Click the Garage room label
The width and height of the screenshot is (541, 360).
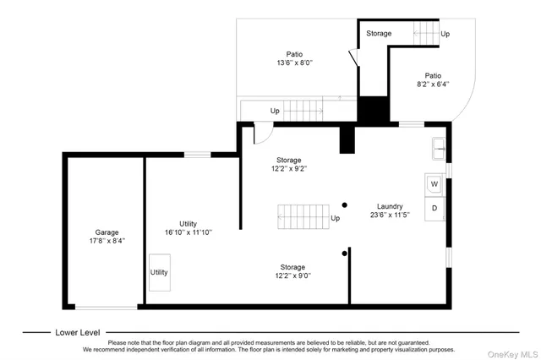pyautogui.click(x=107, y=232)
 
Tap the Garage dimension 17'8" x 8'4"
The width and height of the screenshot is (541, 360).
pyautogui.click(x=107, y=241)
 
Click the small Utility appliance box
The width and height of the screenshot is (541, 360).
pyautogui.click(x=159, y=272)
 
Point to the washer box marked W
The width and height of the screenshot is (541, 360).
pyautogui.click(x=434, y=183)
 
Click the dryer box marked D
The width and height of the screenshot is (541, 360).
pyautogui.click(x=434, y=207)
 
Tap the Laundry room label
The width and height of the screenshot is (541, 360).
pyautogui.click(x=390, y=206)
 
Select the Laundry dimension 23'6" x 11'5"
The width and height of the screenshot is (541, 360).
pyautogui.click(x=390, y=215)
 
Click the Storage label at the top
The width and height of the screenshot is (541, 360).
pyautogui.click(x=379, y=34)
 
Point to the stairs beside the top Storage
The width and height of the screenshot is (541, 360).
pyautogui.click(x=427, y=35)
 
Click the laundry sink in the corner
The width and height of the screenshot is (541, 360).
pyautogui.click(x=439, y=148)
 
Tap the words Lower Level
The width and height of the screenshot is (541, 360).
pyautogui.click(x=79, y=332)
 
